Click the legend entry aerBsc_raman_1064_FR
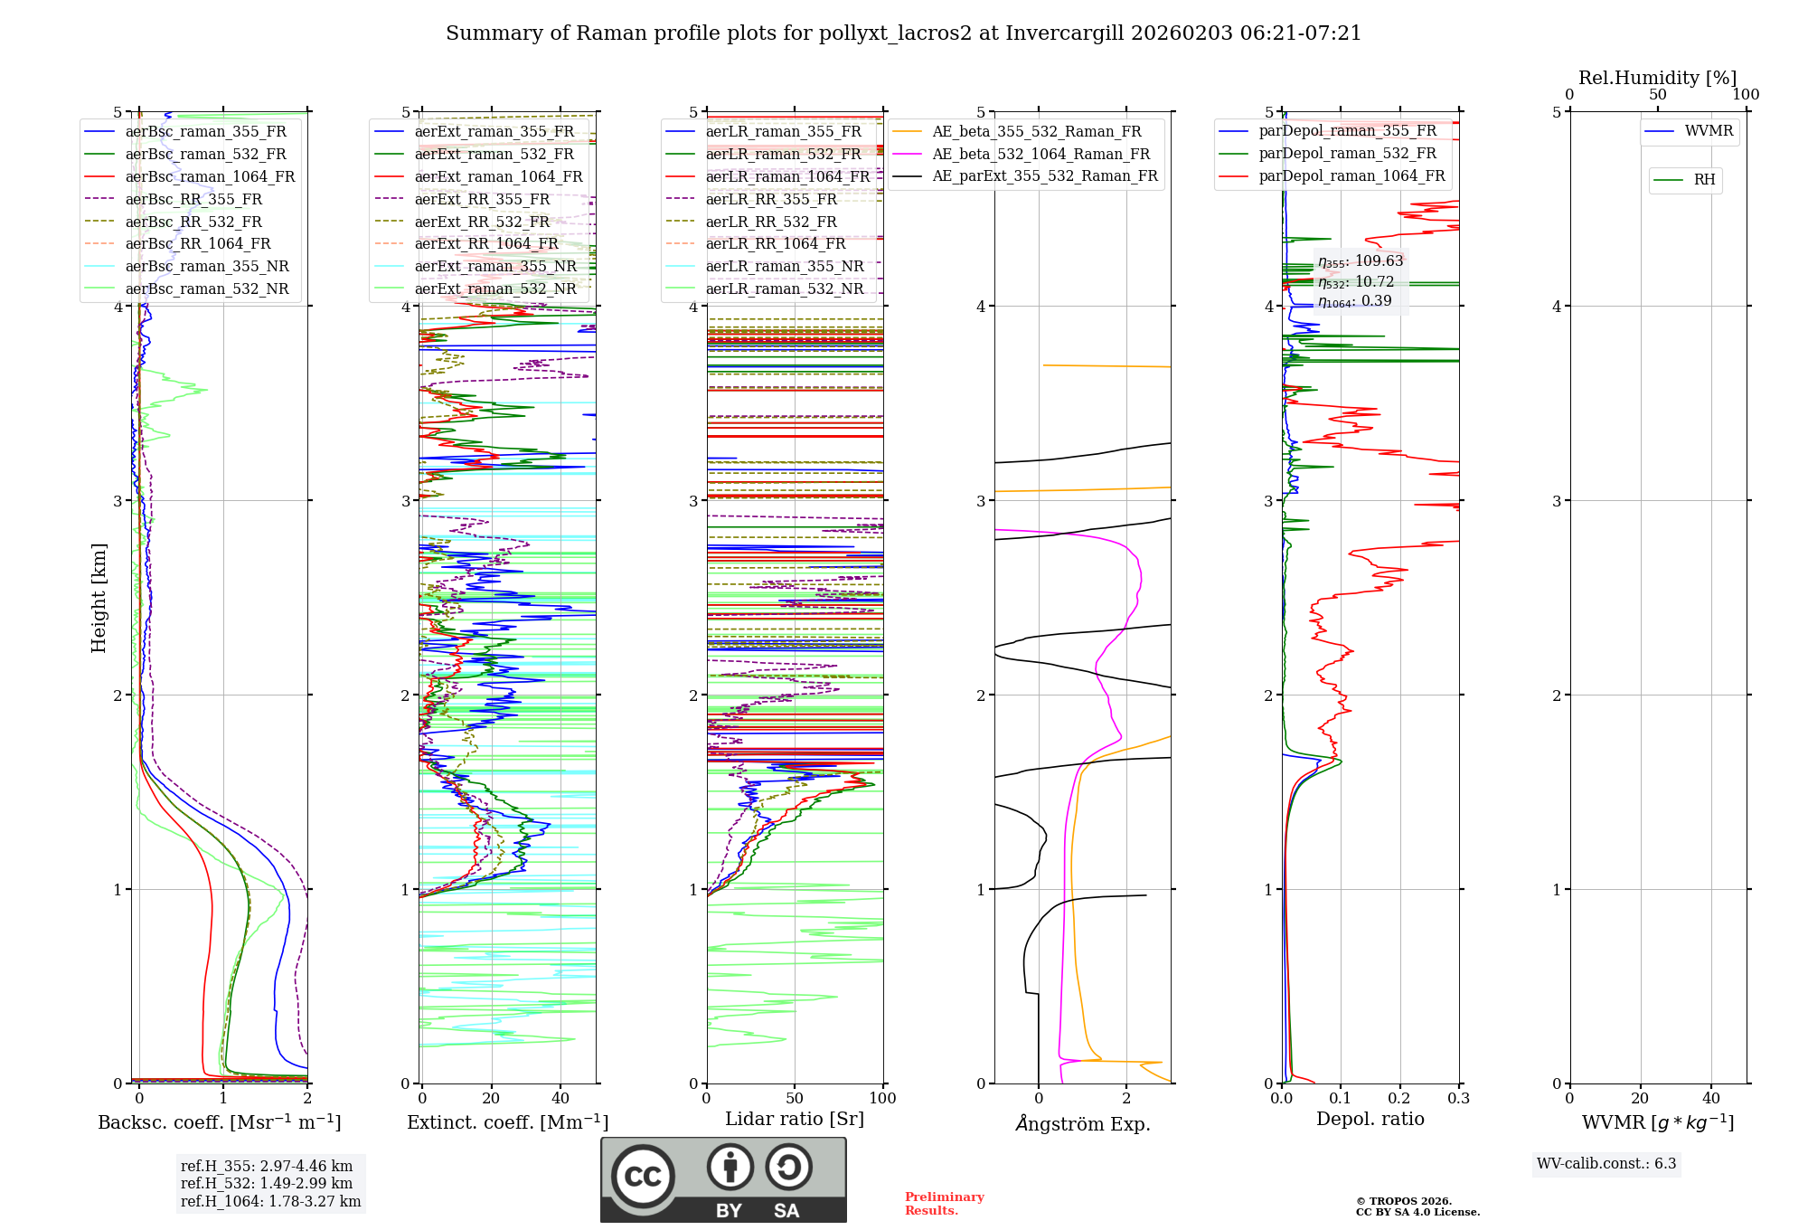tap(210, 176)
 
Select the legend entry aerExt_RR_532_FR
tap(482, 222)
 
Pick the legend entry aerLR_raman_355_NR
tap(784, 266)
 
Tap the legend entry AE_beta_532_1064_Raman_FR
tap(1041, 154)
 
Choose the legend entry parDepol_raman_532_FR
tap(1347, 153)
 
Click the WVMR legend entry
tap(1708, 131)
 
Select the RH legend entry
tap(1704, 180)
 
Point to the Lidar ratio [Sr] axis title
tap(794, 1119)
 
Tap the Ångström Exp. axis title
tap(1082, 1123)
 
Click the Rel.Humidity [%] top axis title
tap(1657, 78)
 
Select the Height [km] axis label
tap(99, 598)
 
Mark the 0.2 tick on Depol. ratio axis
tap(1399, 1098)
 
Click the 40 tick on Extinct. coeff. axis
tap(560, 1098)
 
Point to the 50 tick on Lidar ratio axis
tap(794, 1098)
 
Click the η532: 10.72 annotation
tap(1356, 281)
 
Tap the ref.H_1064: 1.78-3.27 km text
tap(270, 1201)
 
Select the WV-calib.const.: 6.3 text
tap(1606, 1163)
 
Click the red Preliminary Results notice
tap(944, 1203)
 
